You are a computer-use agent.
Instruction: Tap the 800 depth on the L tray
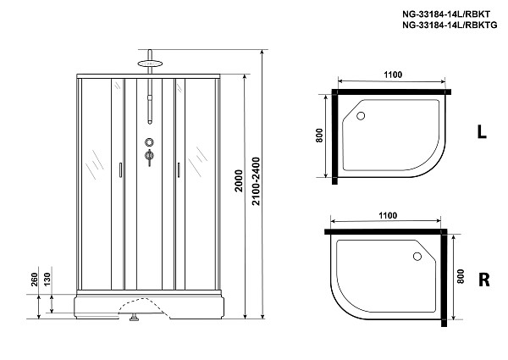tap(320, 136)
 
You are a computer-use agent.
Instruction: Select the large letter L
tap(481, 132)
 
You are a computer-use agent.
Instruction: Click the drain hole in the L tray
tap(361, 117)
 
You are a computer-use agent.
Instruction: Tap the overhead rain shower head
tap(150, 62)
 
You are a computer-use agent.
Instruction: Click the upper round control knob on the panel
tap(150, 142)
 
